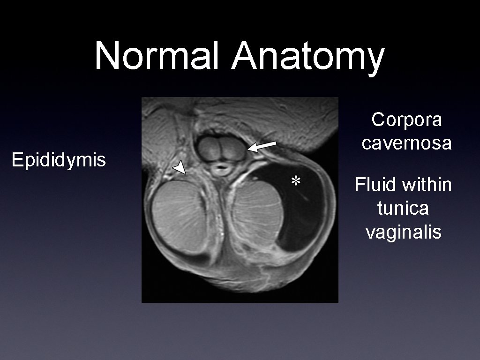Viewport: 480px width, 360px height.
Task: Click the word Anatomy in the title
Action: click(307, 56)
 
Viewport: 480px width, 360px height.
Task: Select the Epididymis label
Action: click(59, 160)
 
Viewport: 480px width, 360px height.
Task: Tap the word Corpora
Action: click(406, 120)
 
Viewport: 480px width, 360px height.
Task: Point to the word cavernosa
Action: click(406, 142)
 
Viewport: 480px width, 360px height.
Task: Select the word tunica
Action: click(403, 208)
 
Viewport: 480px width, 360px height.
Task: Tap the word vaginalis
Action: click(404, 232)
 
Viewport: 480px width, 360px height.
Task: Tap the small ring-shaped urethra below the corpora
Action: click(220, 168)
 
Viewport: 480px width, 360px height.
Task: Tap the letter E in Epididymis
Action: click(16, 160)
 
